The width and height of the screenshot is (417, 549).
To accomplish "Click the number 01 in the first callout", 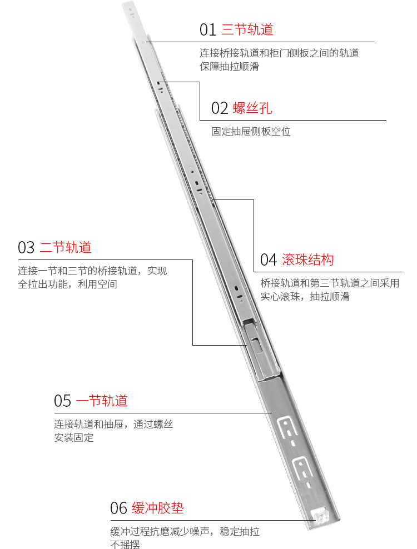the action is click(x=207, y=30).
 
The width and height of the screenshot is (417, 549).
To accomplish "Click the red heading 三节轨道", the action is click(x=247, y=30).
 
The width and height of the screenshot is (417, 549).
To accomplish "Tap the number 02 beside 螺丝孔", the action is click(x=220, y=108).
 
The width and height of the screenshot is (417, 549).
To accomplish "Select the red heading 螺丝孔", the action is click(x=252, y=108).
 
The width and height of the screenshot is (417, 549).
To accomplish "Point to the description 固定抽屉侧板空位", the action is click(x=251, y=131).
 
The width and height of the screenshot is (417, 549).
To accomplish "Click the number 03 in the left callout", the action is click(x=26, y=247).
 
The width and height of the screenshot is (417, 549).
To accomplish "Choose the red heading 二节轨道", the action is click(x=66, y=247).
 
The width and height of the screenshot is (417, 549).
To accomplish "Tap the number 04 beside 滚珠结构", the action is click(x=269, y=260).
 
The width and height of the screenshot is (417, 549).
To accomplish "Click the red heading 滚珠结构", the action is click(x=307, y=260).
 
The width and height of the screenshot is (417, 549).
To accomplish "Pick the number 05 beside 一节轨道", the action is click(x=62, y=401).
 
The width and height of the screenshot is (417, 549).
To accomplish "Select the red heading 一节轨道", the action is click(x=102, y=401).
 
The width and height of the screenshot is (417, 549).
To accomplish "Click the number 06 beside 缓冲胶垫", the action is click(x=118, y=508).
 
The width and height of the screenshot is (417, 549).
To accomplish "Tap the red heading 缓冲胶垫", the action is click(x=158, y=508).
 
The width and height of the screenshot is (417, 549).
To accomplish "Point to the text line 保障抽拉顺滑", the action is click(x=230, y=66).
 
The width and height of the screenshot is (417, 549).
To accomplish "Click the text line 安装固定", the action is click(x=74, y=437).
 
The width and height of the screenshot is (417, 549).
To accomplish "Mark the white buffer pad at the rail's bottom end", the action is click(x=321, y=516).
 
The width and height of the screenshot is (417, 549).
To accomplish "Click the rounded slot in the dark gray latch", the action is click(x=256, y=345).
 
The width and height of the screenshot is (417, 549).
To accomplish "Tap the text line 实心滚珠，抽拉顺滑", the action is click(x=305, y=297).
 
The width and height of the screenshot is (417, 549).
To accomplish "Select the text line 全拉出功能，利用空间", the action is click(x=67, y=284).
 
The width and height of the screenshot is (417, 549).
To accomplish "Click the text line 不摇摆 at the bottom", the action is click(x=125, y=544).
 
